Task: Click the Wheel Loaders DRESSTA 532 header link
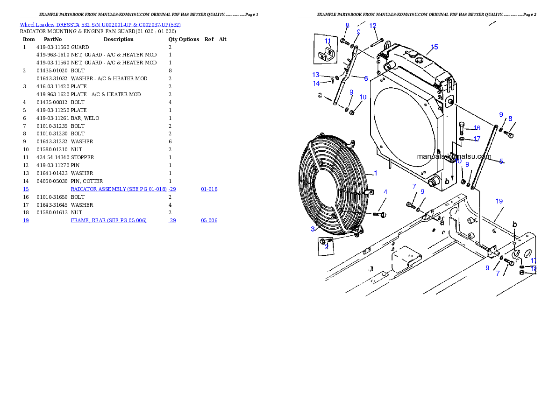point(100,25)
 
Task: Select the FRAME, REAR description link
point(108,220)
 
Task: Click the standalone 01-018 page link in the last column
point(209,189)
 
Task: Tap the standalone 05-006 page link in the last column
point(209,220)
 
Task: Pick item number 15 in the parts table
point(26,189)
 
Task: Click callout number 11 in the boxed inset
point(328,41)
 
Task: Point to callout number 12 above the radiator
point(373,26)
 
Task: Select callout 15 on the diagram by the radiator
point(435,47)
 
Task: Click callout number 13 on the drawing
point(316,75)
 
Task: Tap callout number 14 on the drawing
point(316,84)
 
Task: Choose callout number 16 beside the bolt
point(477,128)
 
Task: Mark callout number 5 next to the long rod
point(501,161)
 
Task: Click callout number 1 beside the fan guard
point(376,173)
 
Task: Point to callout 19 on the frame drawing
point(499,201)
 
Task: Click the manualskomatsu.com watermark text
point(454,157)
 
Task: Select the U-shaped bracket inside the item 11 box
point(327,56)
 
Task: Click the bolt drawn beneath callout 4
point(379,214)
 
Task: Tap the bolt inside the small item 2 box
point(326,241)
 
